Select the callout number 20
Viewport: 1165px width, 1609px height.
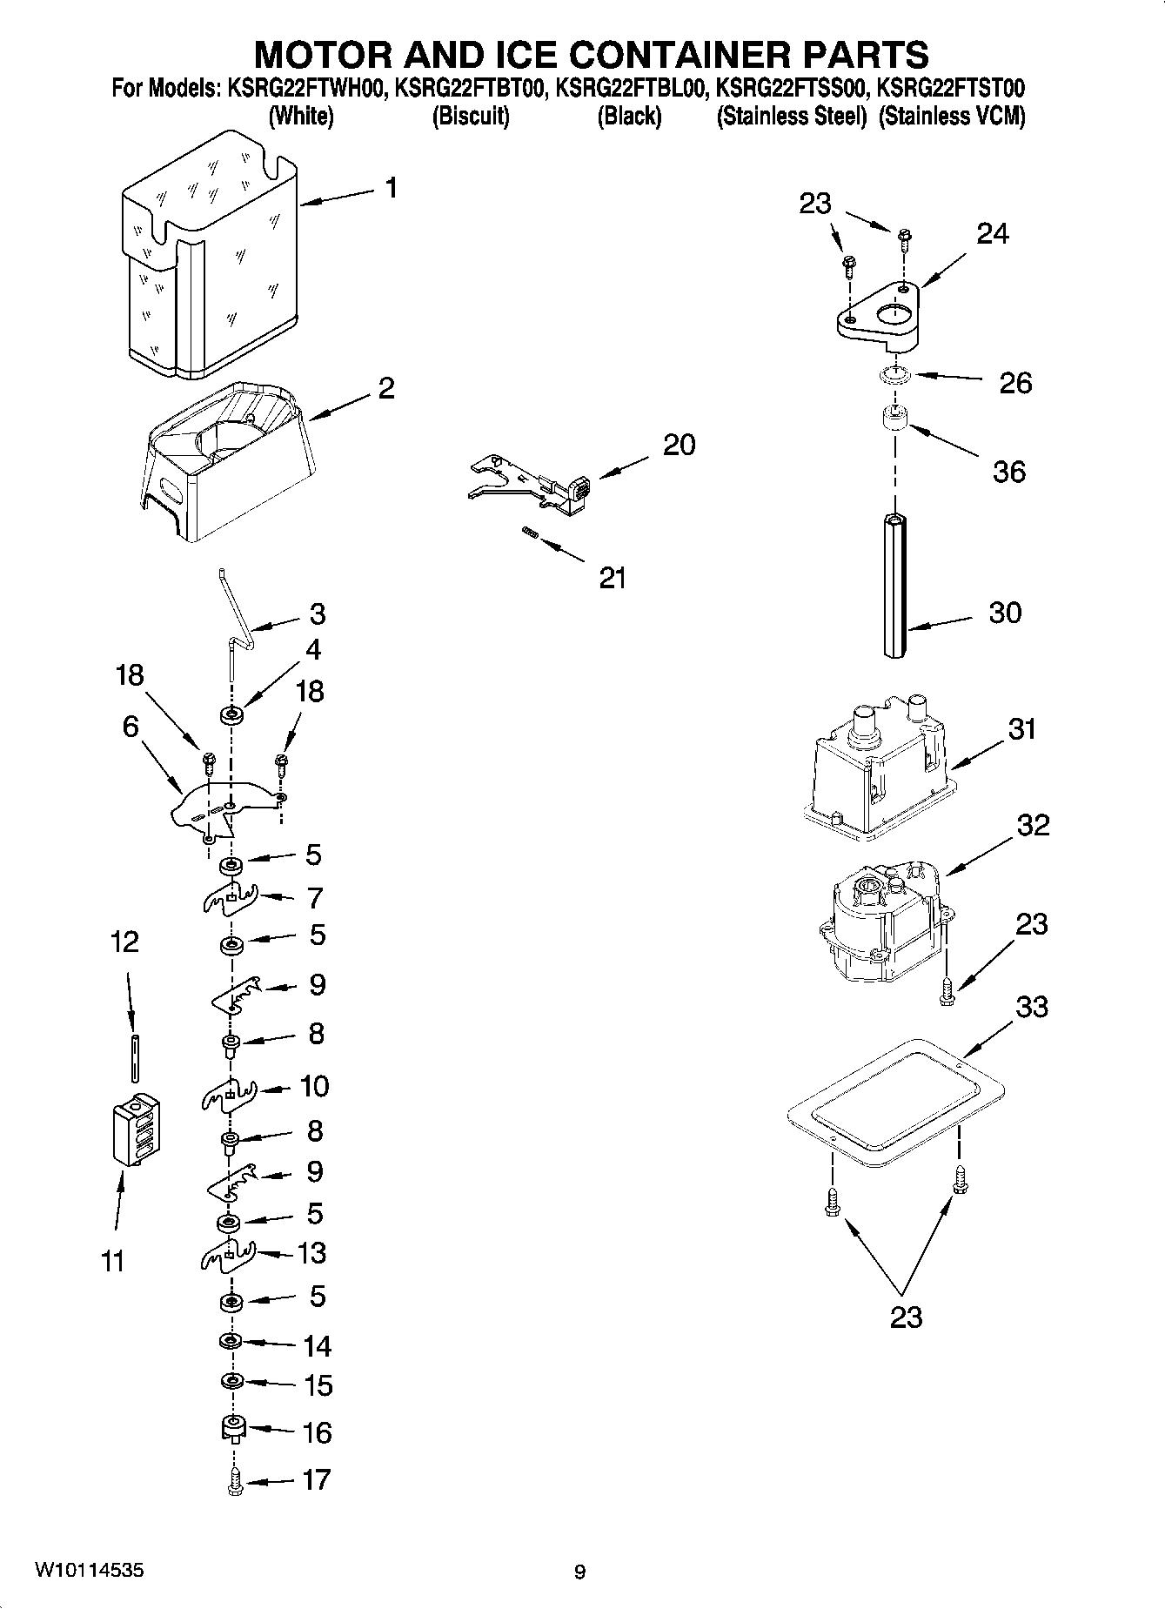[679, 445]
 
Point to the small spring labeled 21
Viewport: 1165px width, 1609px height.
[528, 533]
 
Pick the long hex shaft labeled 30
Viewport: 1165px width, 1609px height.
[894, 587]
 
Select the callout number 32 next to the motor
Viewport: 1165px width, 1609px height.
[1033, 825]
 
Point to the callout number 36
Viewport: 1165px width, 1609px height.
[1009, 472]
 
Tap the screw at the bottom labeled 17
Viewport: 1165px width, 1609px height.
[234, 1480]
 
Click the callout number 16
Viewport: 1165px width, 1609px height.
[318, 1431]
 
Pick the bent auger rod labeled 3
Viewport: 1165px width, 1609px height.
[235, 609]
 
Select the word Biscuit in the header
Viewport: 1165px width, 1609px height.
[471, 116]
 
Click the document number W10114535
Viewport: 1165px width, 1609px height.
[90, 1571]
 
